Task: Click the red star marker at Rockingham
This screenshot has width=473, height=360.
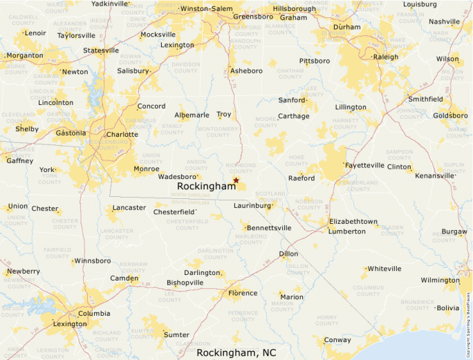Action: (236, 180)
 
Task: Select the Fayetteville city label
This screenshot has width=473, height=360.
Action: (365, 166)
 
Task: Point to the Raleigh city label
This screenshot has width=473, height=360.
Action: (386, 57)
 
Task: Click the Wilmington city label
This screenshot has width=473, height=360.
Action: (440, 280)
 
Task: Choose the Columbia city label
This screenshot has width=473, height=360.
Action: (93, 313)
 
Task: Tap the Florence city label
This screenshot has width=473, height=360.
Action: (243, 293)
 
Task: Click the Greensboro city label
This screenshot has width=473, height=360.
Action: (254, 17)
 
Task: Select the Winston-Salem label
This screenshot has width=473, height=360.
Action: (206, 8)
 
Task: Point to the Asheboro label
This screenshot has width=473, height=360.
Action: (247, 70)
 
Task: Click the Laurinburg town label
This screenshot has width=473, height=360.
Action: (252, 205)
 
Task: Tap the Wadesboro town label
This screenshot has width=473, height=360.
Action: (178, 176)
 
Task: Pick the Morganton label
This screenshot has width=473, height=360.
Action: (24, 55)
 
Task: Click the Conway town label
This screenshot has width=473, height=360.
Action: (337, 340)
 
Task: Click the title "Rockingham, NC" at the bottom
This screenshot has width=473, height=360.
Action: (236, 352)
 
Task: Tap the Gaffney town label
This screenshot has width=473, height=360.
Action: (19, 161)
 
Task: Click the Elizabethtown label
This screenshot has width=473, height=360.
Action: (353, 221)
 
